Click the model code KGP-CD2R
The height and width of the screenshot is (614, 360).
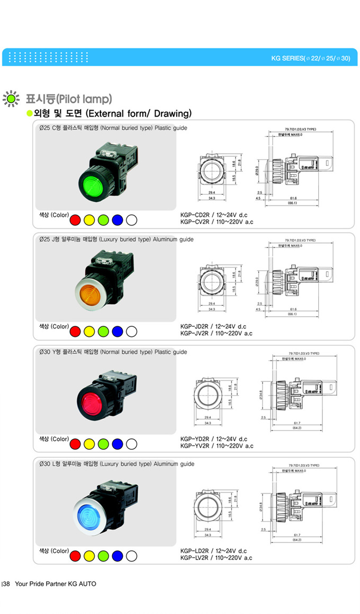[194, 215]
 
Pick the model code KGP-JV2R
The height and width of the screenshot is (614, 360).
[194, 334]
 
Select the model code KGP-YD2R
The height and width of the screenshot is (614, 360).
[194, 439]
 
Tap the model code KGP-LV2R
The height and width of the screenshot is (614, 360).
[194, 557]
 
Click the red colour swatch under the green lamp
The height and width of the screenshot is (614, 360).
[75, 219]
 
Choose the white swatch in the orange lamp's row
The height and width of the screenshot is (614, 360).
[132, 332]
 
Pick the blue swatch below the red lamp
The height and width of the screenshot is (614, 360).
[118, 444]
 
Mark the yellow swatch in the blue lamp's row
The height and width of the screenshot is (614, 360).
[89, 556]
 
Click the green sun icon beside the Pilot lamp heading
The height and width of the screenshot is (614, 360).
[10, 99]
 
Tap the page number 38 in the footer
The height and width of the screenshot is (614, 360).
[7, 584]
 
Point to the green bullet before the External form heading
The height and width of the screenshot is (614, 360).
[30, 114]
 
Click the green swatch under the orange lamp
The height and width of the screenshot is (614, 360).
[103, 332]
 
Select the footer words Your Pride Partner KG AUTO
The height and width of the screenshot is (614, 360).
[56, 584]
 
